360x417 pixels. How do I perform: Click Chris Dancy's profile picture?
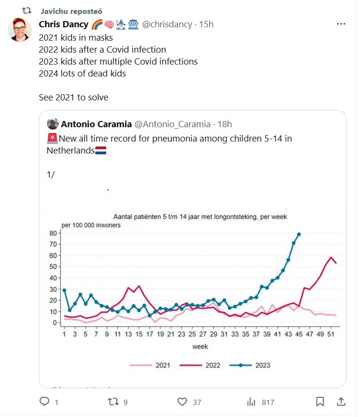point(20,29)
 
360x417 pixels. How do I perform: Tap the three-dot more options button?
point(341,24)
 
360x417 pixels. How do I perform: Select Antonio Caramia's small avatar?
point(53,124)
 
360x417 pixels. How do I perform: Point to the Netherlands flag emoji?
point(101,150)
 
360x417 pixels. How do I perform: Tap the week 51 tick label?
point(331,334)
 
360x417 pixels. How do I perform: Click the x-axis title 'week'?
point(200,346)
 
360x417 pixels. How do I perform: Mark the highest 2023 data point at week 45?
point(299,234)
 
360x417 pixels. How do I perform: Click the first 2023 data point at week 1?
point(64,290)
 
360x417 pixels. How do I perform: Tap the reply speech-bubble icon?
point(44,402)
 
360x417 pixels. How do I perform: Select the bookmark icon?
point(320,402)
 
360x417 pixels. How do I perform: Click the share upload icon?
point(341,402)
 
